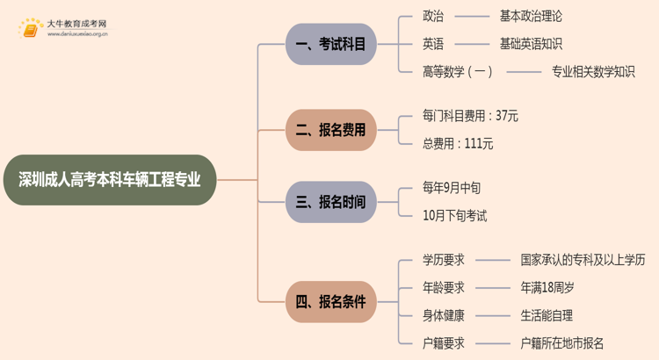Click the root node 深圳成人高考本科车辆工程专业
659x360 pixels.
[109, 180]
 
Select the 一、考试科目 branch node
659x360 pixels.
[330, 44]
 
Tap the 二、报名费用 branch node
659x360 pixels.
[330, 131]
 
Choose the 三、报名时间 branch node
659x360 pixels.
[330, 202]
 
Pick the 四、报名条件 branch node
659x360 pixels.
[330, 302]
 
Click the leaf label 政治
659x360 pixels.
[433, 16]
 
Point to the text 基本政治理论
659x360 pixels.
[531, 16]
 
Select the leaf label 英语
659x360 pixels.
[433, 44]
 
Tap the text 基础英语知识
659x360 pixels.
[531, 44]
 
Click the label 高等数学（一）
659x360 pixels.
[458, 72]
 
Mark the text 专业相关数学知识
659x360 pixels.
[593, 72]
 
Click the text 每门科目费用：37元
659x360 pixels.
[470, 116]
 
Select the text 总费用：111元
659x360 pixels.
[458, 144]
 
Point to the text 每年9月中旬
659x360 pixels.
[452, 188]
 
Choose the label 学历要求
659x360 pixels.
[444, 260]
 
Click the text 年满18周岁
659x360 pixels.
[547, 287]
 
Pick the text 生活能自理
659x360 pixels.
[547, 315]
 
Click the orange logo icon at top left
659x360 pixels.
[31, 30]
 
